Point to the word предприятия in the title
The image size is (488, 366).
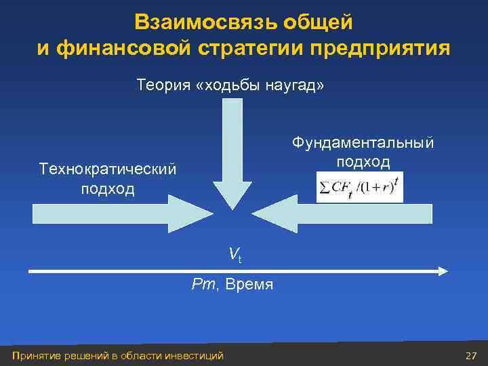[381, 48]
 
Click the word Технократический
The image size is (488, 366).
[108, 169]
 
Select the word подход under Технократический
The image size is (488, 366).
[108, 188]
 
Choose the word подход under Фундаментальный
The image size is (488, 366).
[363, 162]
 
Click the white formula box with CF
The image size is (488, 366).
[359, 188]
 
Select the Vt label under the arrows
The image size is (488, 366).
[235, 254]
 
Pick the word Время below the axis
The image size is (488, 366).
[249, 285]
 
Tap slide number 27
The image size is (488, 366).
[471, 356]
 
